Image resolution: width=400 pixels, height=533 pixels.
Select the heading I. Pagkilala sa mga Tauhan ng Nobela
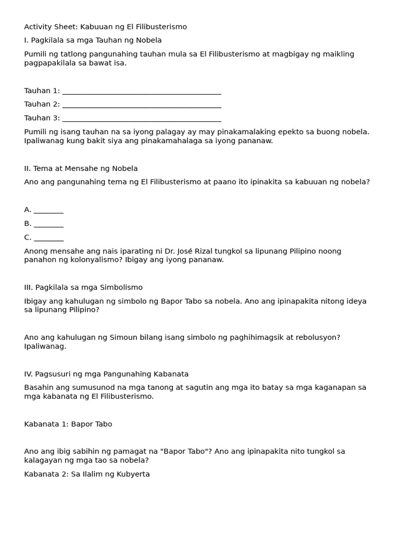[93, 40]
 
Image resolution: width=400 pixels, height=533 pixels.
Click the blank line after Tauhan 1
[141, 91]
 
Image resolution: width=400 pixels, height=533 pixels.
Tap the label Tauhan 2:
[42, 104]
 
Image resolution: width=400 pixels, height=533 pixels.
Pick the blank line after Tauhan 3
[141, 119]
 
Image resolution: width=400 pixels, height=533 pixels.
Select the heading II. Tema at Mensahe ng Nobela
[81, 168]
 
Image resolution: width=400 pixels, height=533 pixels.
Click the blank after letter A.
[48, 210]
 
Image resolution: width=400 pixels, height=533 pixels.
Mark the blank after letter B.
[48, 224]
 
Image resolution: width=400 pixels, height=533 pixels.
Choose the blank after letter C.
[48, 238]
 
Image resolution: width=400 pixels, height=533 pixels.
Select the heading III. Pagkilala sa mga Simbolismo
[83, 287]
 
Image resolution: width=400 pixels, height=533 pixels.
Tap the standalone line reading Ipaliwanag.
[45, 346]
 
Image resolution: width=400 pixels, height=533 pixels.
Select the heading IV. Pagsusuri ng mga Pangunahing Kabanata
[106, 374]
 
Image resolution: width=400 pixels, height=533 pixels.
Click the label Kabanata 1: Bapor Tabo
[68, 424]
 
